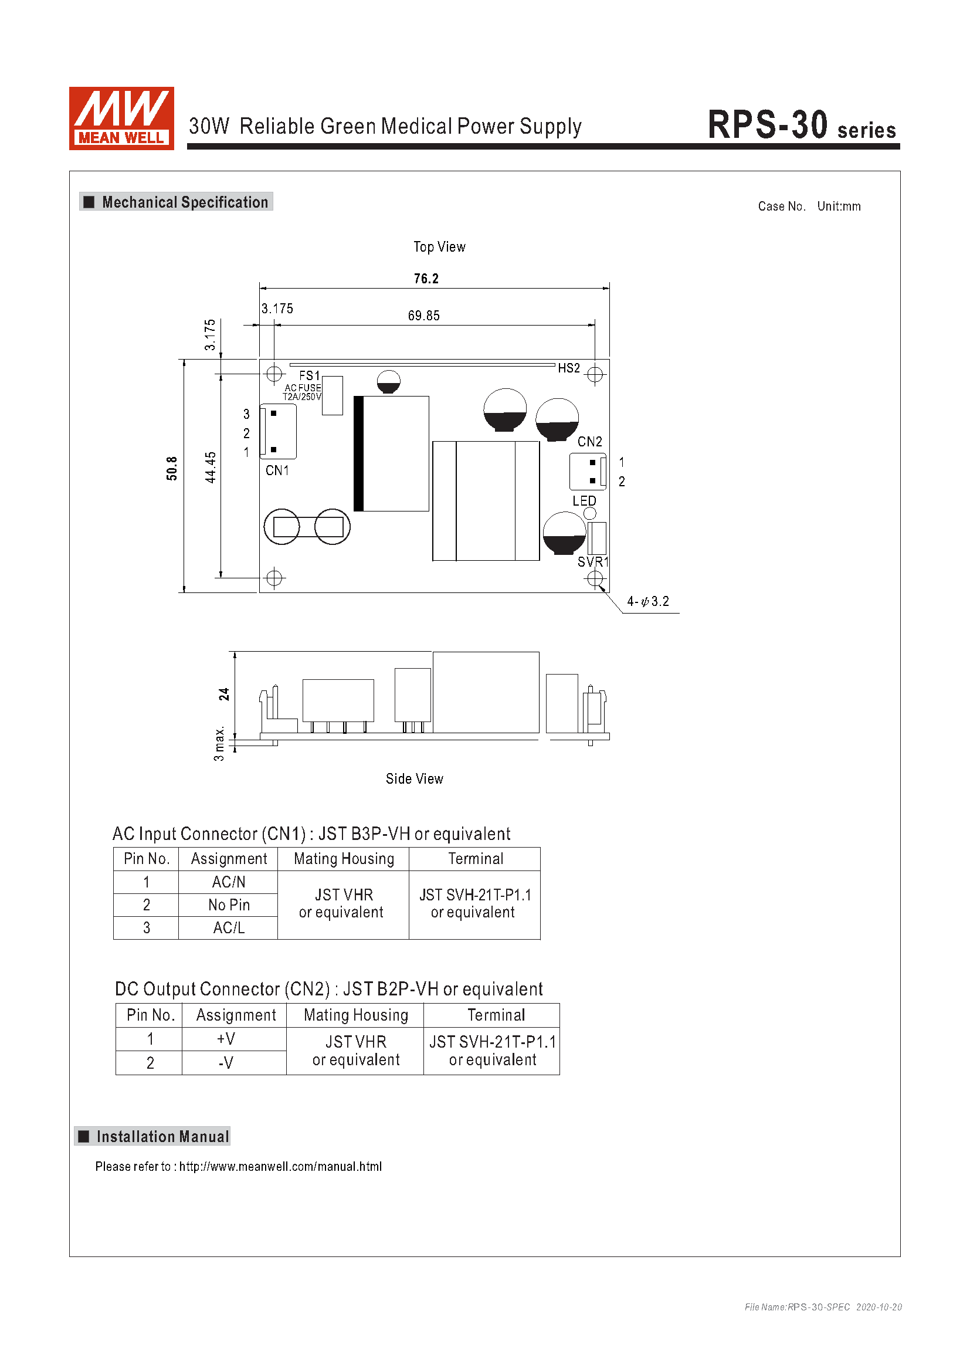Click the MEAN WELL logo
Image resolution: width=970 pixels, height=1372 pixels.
click(121, 118)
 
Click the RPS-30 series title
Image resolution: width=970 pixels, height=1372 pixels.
click(802, 125)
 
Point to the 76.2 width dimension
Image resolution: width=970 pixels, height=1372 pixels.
click(426, 279)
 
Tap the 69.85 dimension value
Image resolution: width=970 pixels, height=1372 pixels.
click(423, 316)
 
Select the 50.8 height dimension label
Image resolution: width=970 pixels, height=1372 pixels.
click(172, 469)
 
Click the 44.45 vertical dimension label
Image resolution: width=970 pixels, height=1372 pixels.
click(211, 468)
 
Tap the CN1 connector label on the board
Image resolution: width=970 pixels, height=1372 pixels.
click(277, 471)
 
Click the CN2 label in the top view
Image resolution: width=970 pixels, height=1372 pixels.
click(589, 442)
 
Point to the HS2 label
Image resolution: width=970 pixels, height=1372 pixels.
click(569, 368)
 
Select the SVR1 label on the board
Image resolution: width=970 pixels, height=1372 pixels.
click(593, 562)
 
